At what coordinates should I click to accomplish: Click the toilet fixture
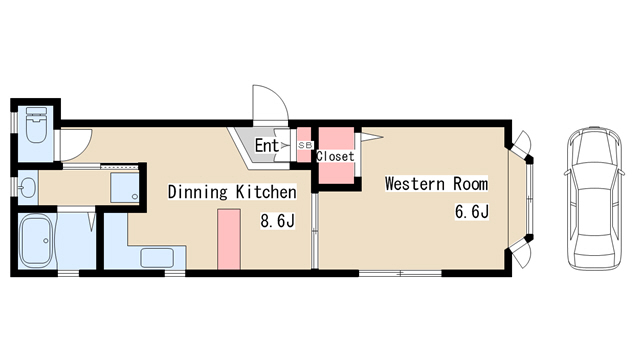point(36,124)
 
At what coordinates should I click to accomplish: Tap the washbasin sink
point(28,188)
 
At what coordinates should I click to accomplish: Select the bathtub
point(36,240)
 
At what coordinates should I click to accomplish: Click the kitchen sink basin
point(157,258)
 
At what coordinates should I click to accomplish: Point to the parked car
point(595,199)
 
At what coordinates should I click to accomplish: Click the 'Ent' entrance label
point(267,145)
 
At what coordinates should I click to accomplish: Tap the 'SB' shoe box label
point(305,145)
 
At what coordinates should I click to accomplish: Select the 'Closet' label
point(335,156)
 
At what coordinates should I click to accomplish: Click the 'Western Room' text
point(436,184)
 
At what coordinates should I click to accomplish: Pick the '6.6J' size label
point(472,212)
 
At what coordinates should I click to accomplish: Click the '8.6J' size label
point(278,221)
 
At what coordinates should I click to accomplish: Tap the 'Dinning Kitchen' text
point(232,192)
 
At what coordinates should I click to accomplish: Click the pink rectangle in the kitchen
point(229,240)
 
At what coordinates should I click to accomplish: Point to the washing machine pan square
point(125,188)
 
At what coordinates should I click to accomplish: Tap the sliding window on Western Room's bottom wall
point(400,273)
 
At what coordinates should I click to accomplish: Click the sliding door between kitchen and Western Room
point(315,231)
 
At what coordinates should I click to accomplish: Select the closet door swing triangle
point(370,136)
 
